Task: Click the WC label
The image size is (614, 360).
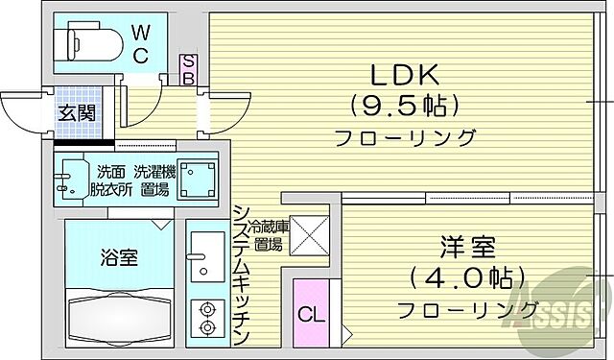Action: [139, 46]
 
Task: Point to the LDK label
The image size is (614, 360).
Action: [404, 74]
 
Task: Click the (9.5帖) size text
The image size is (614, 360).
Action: [404, 105]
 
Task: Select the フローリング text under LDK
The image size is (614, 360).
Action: [404, 137]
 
